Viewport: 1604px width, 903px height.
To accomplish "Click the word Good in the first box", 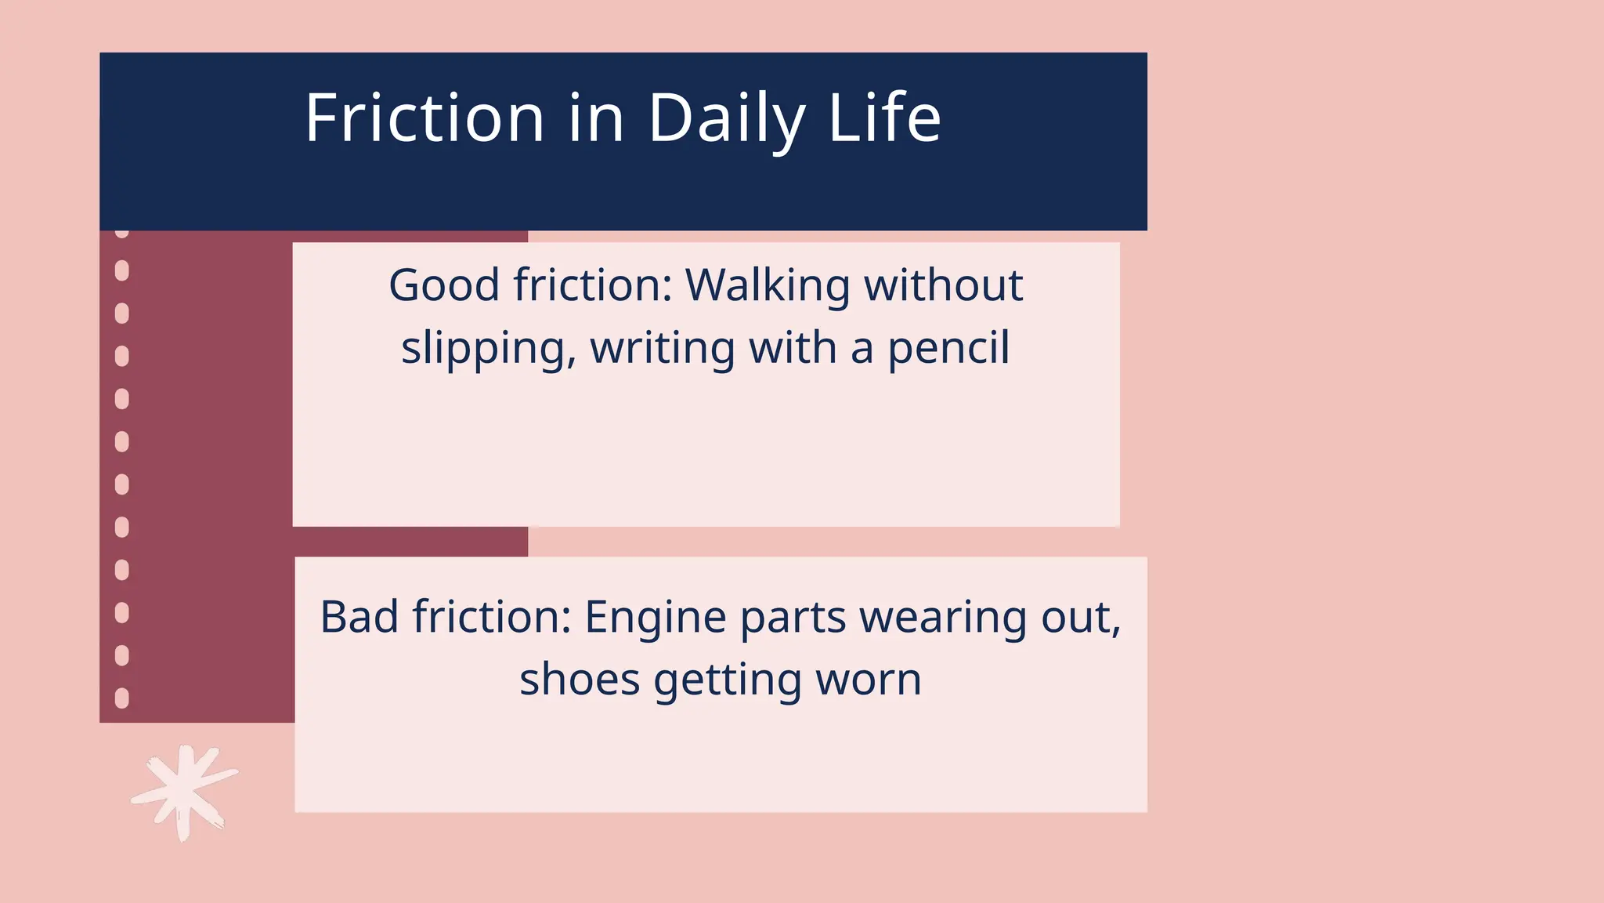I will coord(444,285).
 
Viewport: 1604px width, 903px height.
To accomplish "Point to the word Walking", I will coord(768,286).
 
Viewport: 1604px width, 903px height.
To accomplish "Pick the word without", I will coord(943,285).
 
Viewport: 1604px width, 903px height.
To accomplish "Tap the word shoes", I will coord(580,680).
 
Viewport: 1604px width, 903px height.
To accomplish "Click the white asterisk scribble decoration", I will coord(184,792).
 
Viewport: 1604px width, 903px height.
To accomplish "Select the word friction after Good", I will coord(594,285).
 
